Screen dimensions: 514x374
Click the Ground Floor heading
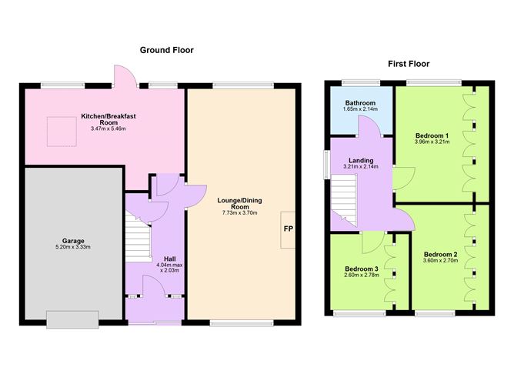166,50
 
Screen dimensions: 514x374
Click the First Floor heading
409,64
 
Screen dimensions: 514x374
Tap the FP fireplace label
288,229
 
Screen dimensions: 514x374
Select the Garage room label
73,241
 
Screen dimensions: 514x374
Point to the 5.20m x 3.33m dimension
73,247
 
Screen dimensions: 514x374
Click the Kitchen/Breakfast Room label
108,119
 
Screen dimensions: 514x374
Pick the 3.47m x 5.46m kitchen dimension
108,129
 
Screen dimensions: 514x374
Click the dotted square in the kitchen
62,132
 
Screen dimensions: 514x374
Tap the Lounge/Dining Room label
239,204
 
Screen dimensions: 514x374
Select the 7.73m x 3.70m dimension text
239,213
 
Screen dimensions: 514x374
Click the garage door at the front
72,319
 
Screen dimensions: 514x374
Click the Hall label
169,259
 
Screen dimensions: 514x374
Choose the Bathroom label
360,103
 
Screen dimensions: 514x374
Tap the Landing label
361,160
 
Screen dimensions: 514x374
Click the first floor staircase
344,200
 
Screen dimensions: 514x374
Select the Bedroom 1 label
432,135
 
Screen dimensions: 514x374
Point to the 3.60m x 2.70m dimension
441,261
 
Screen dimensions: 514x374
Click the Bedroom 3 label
362,269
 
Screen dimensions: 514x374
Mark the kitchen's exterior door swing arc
129,71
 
